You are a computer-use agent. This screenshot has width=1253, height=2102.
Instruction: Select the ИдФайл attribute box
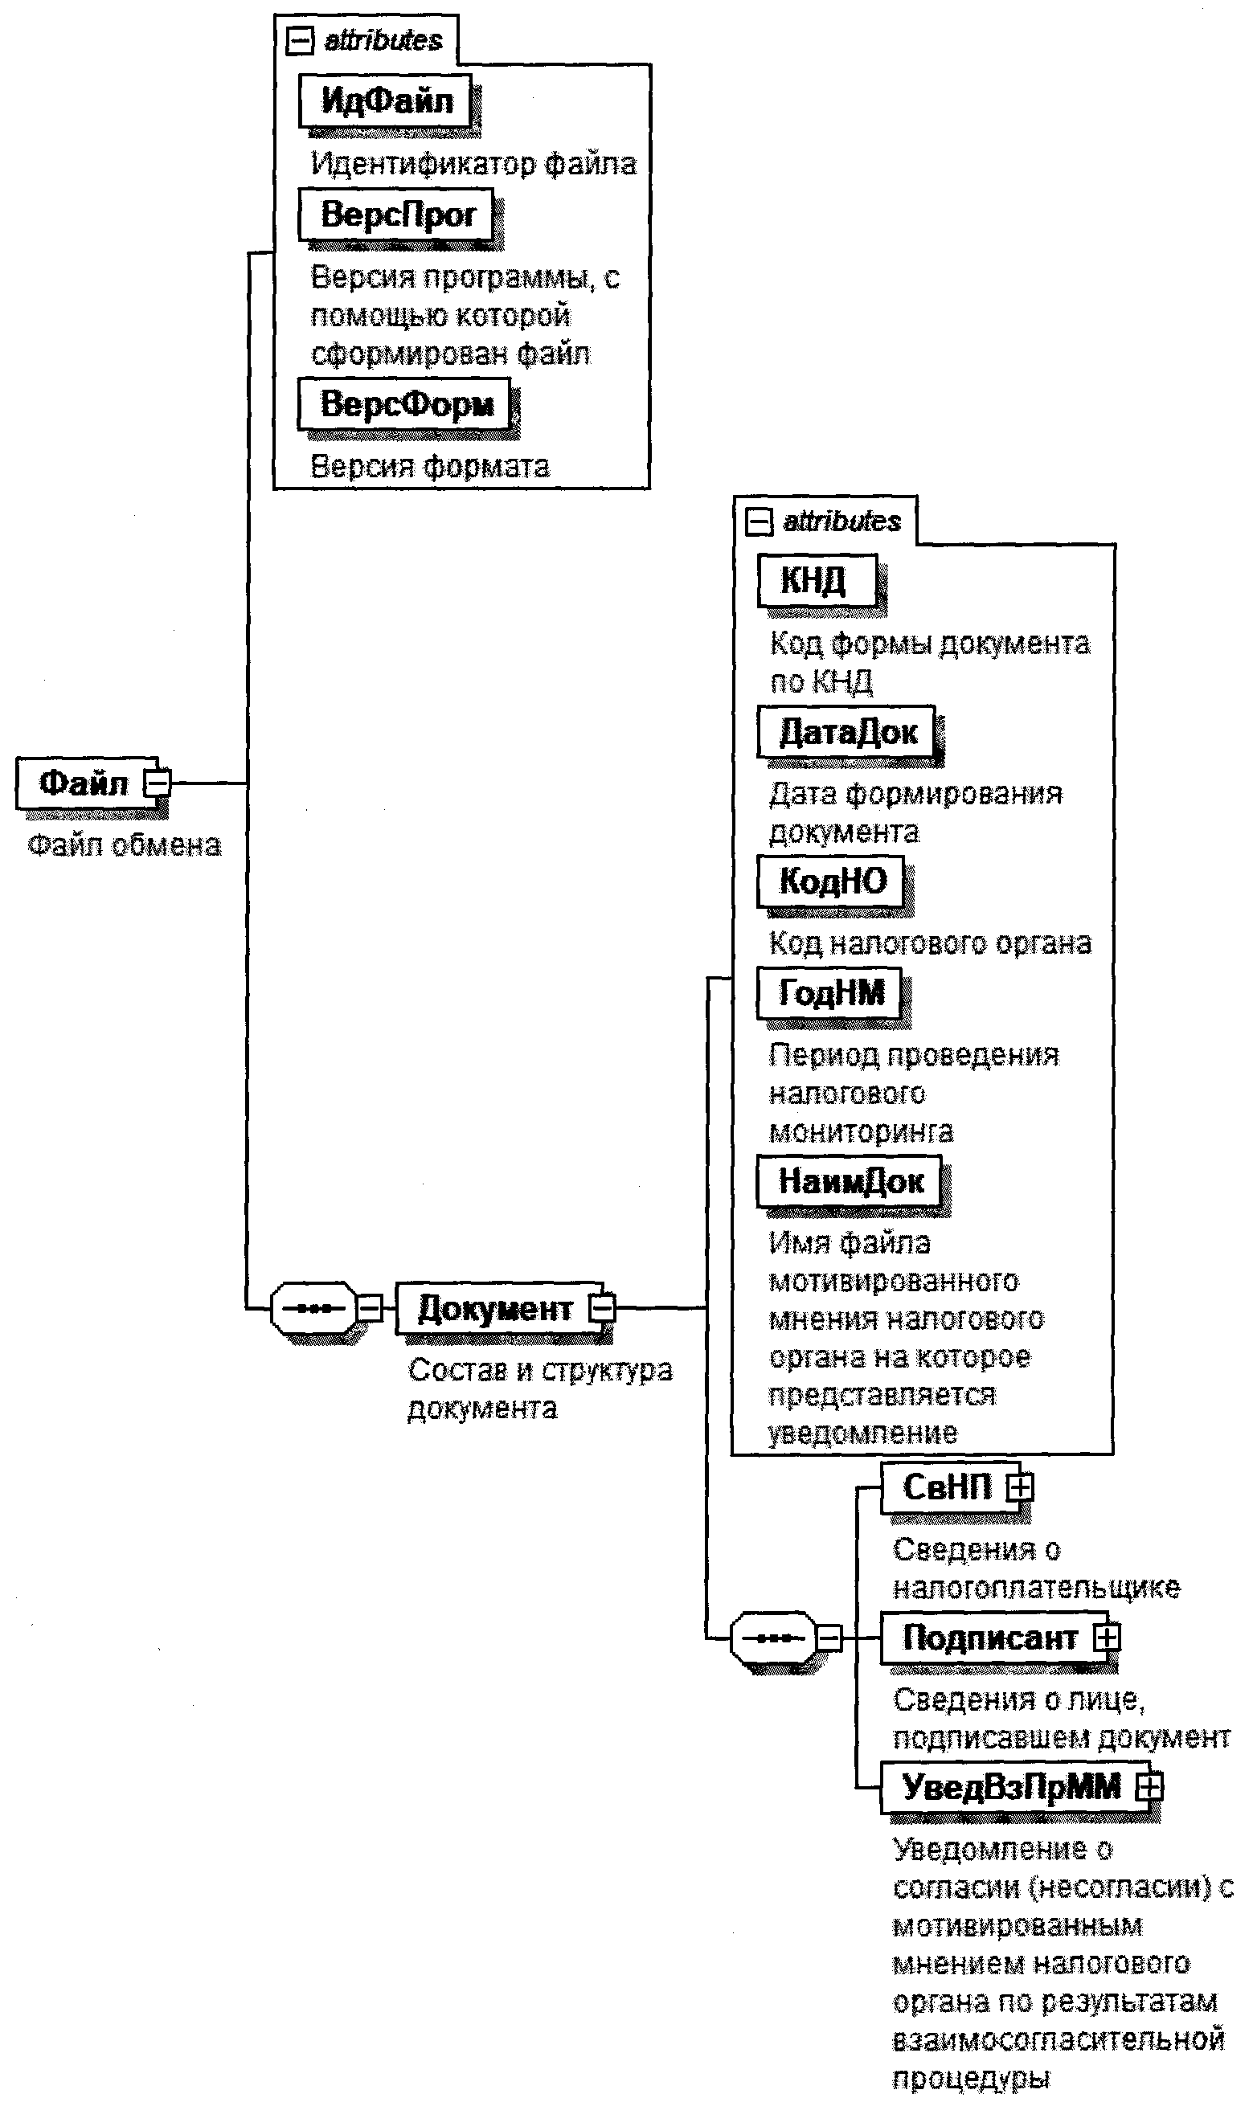click(386, 101)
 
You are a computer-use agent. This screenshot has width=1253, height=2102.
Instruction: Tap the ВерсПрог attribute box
click(397, 215)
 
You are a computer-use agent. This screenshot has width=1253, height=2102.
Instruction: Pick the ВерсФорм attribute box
click(406, 403)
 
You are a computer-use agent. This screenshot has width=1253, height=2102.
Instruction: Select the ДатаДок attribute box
click(847, 731)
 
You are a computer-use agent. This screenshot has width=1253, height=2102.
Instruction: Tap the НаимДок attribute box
click(850, 1180)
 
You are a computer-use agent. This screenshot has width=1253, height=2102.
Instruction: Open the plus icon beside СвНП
click(1019, 1487)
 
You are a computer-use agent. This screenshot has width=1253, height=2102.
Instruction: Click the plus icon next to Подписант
click(1107, 1638)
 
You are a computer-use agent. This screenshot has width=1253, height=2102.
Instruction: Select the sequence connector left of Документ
click(313, 1308)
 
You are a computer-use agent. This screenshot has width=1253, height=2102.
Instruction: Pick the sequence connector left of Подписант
click(773, 1638)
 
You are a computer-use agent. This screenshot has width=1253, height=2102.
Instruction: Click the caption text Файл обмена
click(124, 845)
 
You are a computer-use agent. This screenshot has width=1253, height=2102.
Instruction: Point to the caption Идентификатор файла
click(473, 163)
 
